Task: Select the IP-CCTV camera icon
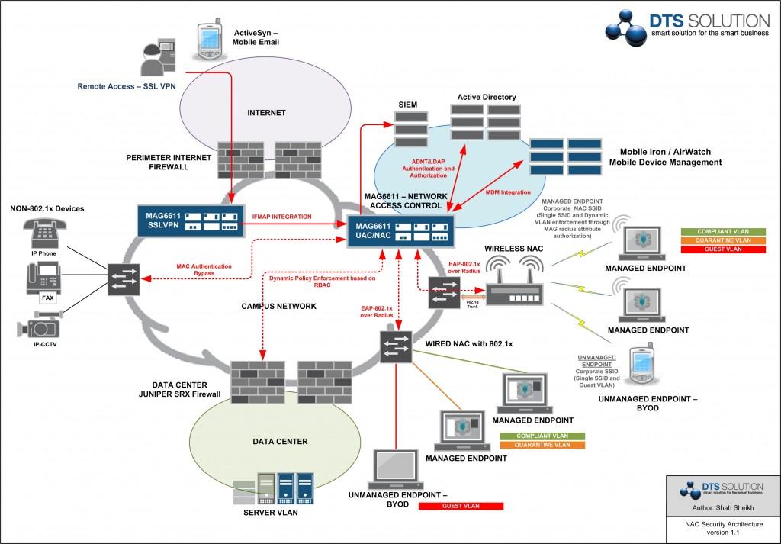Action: click(38, 328)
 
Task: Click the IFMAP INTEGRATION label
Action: click(281, 217)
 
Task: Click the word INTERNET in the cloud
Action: click(266, 113)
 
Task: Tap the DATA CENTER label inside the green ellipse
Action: click(280, 442)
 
